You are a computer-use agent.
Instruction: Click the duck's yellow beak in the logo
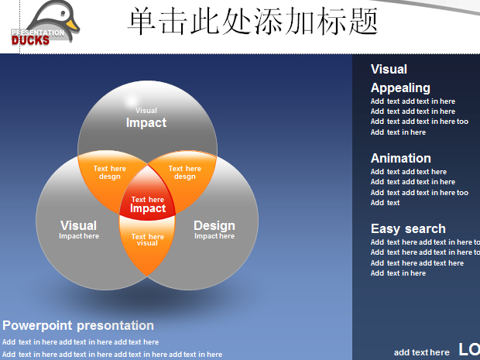pos(72,25)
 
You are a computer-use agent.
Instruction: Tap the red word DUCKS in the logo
pos(30,40)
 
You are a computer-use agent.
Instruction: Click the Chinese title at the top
pos(252,21)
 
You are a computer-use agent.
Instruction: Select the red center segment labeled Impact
pos(148,196)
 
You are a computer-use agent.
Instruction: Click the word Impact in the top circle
pos(146,122)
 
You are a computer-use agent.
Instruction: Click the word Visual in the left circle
pos(79,225)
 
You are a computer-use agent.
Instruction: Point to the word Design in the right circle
pos(214,225)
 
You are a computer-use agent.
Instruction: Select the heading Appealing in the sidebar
pos(400,88)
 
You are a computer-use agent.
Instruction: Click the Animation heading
pos(401,158)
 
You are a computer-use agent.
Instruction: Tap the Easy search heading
pos(408,228)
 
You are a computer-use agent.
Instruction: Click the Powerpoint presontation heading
pos(78,325)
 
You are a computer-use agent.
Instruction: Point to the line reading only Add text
pos(385,203)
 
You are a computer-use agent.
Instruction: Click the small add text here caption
pos(421,352)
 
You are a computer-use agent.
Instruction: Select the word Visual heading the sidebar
pos(389,69)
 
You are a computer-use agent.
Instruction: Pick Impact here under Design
pos(214,236)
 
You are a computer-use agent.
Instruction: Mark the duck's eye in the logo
pos(63,14)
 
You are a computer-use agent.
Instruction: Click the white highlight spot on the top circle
pos(132,101)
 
